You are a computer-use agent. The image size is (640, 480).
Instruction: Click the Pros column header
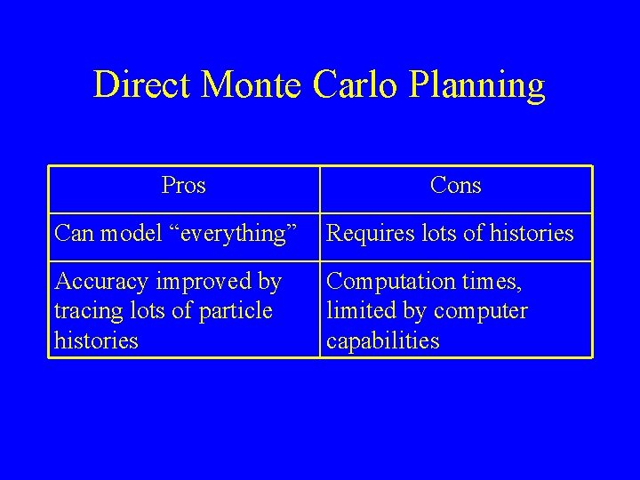(x=184, y=187)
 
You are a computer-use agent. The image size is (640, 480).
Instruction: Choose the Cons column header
(x=455, y=187)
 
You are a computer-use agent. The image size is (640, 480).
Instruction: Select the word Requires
(x=367, y=235)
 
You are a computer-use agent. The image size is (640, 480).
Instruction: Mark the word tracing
(x=86, y=313)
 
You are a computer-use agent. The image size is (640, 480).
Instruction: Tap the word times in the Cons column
(x=490, y=283)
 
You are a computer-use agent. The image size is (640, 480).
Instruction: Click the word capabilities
(x=383, y=342)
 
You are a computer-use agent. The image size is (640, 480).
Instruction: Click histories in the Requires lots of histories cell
(x=530, y=235)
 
